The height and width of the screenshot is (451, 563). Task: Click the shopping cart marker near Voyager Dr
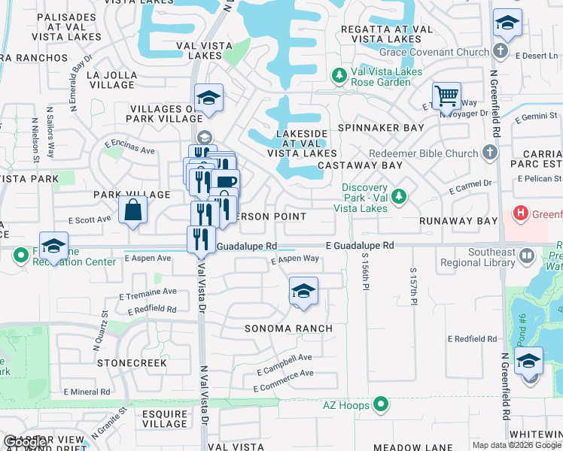tap(447, 97)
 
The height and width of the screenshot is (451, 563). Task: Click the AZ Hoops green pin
tap(382, 405)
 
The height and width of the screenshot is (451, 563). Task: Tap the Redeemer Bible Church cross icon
tap(489, 153)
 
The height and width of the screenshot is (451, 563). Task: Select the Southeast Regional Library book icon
tap(527, 258)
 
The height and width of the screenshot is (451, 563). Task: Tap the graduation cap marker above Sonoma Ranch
tap(303, 292)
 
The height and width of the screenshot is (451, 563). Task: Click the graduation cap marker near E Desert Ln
tap(507, 24)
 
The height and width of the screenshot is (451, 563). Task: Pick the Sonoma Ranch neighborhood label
tap(289, 328)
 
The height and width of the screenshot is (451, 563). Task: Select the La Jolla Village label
tap(112, 80)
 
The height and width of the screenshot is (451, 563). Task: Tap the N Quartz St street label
tap(98, 334)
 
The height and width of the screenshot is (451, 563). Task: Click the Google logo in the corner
tap(26, 442)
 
